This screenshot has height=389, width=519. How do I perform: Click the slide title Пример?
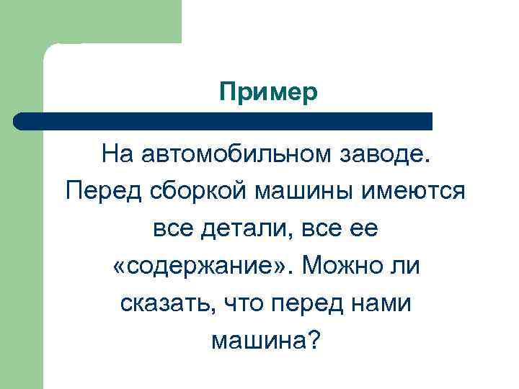click(x=268, y=92)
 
